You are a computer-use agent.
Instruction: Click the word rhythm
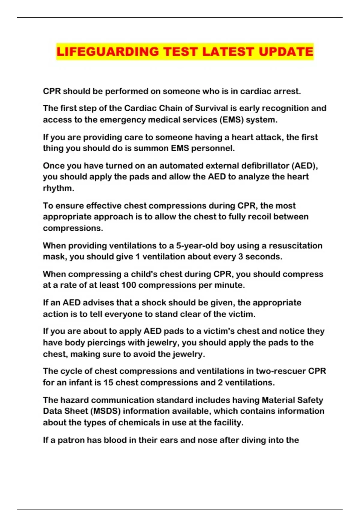click(58, 188)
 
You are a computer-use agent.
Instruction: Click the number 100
click(128, 285)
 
